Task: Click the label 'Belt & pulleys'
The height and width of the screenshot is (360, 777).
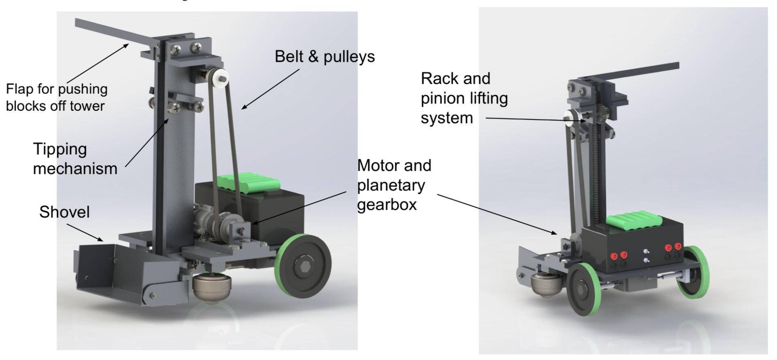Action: tap(325, 57)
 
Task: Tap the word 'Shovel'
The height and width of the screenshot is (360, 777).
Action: tap(64, 212)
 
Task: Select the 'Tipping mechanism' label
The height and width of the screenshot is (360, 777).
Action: tap(75, 159)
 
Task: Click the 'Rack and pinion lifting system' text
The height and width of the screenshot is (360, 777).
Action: tap(464, 98)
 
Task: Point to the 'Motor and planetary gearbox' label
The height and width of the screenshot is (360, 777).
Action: tap(394, 185)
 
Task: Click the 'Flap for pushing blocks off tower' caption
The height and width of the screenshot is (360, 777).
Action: tap(57, 97)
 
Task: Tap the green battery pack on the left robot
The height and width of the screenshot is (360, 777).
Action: tap(249, 180)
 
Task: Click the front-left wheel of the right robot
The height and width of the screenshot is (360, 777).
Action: tap(583, 289)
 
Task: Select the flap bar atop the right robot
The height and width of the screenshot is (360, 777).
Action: tap(643, 73)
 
